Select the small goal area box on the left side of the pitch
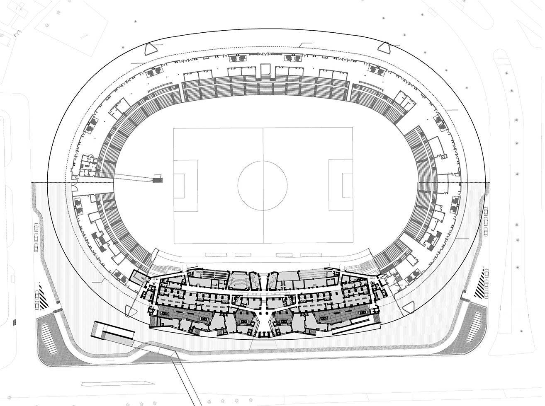(179, 185)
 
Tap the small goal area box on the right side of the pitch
(346, 185)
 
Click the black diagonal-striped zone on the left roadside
(43, 295)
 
